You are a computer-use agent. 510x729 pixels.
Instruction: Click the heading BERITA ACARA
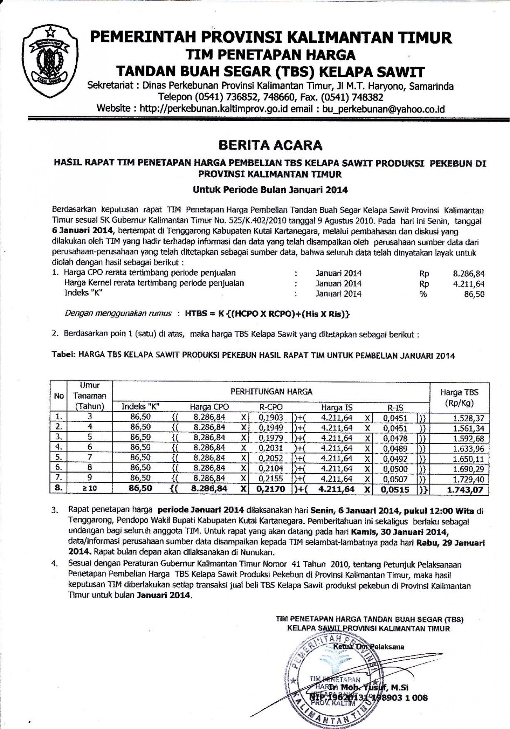click(x=270, y=145)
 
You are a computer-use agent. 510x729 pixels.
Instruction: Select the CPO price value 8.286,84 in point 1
click(x=468, y=274)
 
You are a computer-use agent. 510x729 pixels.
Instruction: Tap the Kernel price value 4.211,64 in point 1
click(x=468, y=284)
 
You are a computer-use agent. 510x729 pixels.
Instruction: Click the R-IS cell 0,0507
click(x=395, y=479)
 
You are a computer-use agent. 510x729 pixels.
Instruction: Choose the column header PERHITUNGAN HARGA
click(x=271, y=392)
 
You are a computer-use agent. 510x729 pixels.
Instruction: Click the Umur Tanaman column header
click(x=89, y=395)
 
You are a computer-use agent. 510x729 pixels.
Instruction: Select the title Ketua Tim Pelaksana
click(x=368, y=647)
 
